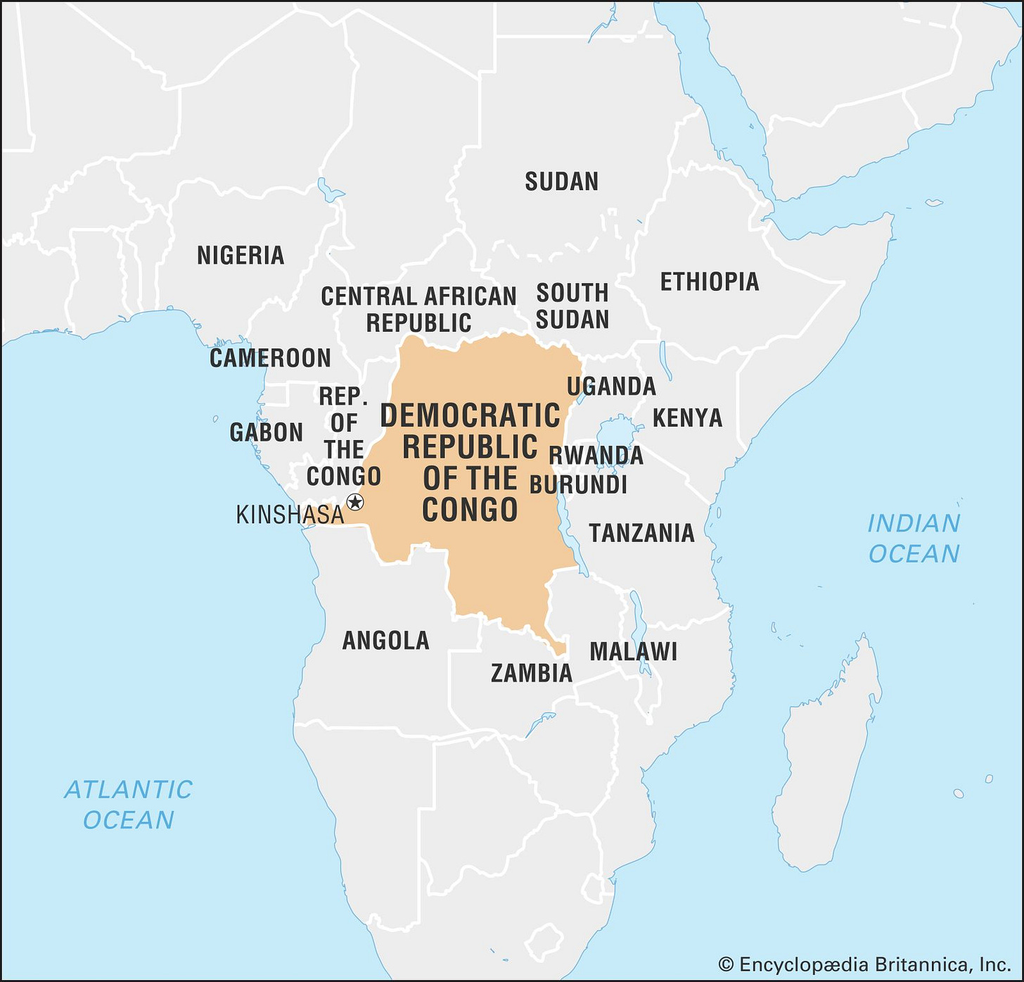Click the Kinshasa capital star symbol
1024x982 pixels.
pos(355,502)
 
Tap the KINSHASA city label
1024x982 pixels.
pos(290,515)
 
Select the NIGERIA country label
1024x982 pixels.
pos(241,255)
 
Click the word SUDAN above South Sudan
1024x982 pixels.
pos(561,182)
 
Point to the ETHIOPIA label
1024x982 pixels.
pos(709,282)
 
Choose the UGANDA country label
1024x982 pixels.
pos(611,386)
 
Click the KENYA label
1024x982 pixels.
pos(687,417)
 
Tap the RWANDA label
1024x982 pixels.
pos(596,455)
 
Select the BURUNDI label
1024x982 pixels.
pos(578,485)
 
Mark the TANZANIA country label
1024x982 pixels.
pos(641,533)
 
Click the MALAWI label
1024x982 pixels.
pos(633,651)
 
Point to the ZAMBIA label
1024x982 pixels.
pos(532,673)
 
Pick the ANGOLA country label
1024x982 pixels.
pos(385,640)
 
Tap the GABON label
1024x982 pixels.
pos(267,432)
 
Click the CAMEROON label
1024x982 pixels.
pos(270,358)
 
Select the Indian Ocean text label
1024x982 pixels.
pos(914,539)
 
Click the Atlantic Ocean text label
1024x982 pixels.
pos(128,805)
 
